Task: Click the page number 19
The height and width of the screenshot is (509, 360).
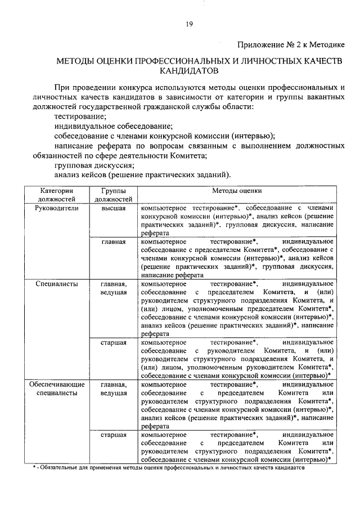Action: click(x=190, y=23)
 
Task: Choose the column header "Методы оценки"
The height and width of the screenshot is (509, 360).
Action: click(x=237, y=191)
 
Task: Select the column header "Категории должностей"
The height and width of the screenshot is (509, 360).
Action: click(x=56, y=195)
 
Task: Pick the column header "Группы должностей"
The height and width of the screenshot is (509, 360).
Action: click(x=114, y=195)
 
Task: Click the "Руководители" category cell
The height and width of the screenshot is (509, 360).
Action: click(x=56, y=208)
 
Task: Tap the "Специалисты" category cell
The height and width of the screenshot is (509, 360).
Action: click(x=56, y=284)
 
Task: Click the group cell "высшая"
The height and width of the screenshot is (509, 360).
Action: click(x=114, y=208)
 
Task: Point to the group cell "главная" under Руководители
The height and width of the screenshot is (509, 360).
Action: click(x=114, y=242)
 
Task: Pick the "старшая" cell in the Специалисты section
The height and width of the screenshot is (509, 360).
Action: click(x=114, y=342)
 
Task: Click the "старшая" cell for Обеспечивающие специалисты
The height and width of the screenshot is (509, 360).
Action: click(x=114, y=435)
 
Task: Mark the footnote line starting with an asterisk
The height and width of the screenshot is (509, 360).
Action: click(x=169, y=467)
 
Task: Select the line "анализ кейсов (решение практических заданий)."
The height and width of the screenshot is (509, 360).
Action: click(x=143, y=175)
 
